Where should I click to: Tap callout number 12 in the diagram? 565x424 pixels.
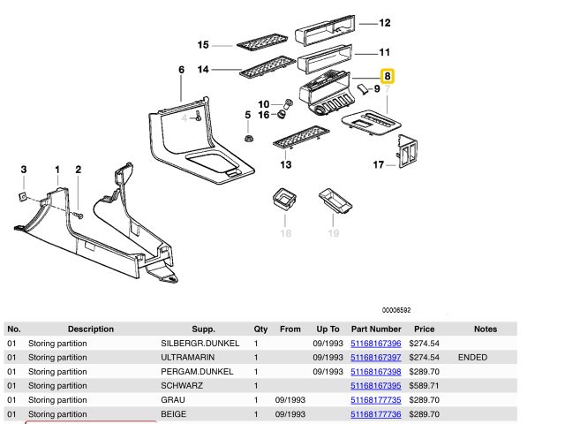385,23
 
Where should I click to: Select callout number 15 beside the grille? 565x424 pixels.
202,44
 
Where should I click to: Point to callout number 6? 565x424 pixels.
181,69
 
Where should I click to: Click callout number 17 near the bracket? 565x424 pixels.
378,164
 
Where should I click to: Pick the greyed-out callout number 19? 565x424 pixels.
334,233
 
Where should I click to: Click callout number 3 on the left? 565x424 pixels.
24,169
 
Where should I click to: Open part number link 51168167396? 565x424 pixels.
376,343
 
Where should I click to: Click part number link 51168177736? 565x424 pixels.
376,413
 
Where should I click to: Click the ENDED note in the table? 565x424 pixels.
473,357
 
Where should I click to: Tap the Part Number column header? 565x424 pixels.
376,329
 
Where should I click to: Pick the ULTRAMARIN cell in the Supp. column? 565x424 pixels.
188,357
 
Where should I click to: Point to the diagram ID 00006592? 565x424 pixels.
396,310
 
